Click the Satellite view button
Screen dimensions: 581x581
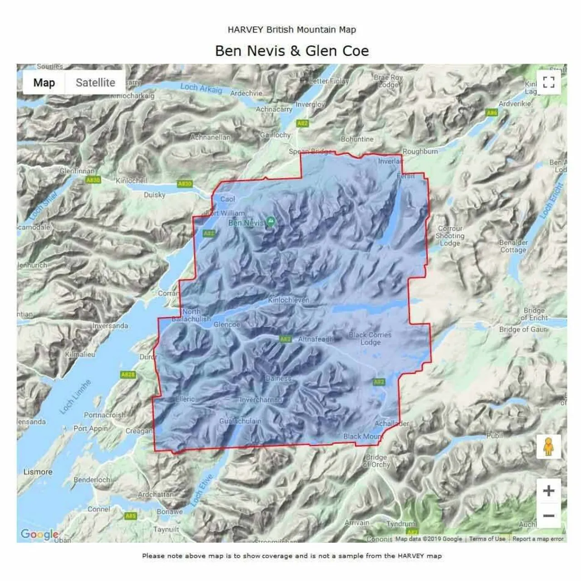point(95,83)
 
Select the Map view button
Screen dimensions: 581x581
point(44,83)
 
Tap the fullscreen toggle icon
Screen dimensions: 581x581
point(548,82)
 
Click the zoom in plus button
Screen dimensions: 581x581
point(548,491)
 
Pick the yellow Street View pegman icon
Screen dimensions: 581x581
point(548,447)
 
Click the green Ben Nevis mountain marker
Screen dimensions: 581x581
point(271,222)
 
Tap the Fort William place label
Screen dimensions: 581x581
point(226,213)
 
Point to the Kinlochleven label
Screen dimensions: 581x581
point(288,300)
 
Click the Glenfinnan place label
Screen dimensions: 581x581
point(77,171)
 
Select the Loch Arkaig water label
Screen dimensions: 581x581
point(201,88)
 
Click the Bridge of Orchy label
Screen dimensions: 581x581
point(376,461)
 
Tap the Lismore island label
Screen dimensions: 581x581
point(38,472)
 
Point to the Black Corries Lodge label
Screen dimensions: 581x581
point(370,338)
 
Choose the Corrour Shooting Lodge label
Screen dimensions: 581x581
point(450,236)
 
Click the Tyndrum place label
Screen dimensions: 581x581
point(401,524)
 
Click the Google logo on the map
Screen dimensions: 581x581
point(39,534)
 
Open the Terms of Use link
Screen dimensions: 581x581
point(487,539)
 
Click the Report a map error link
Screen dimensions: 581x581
point(538,539)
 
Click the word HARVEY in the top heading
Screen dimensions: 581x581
point(246,30)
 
